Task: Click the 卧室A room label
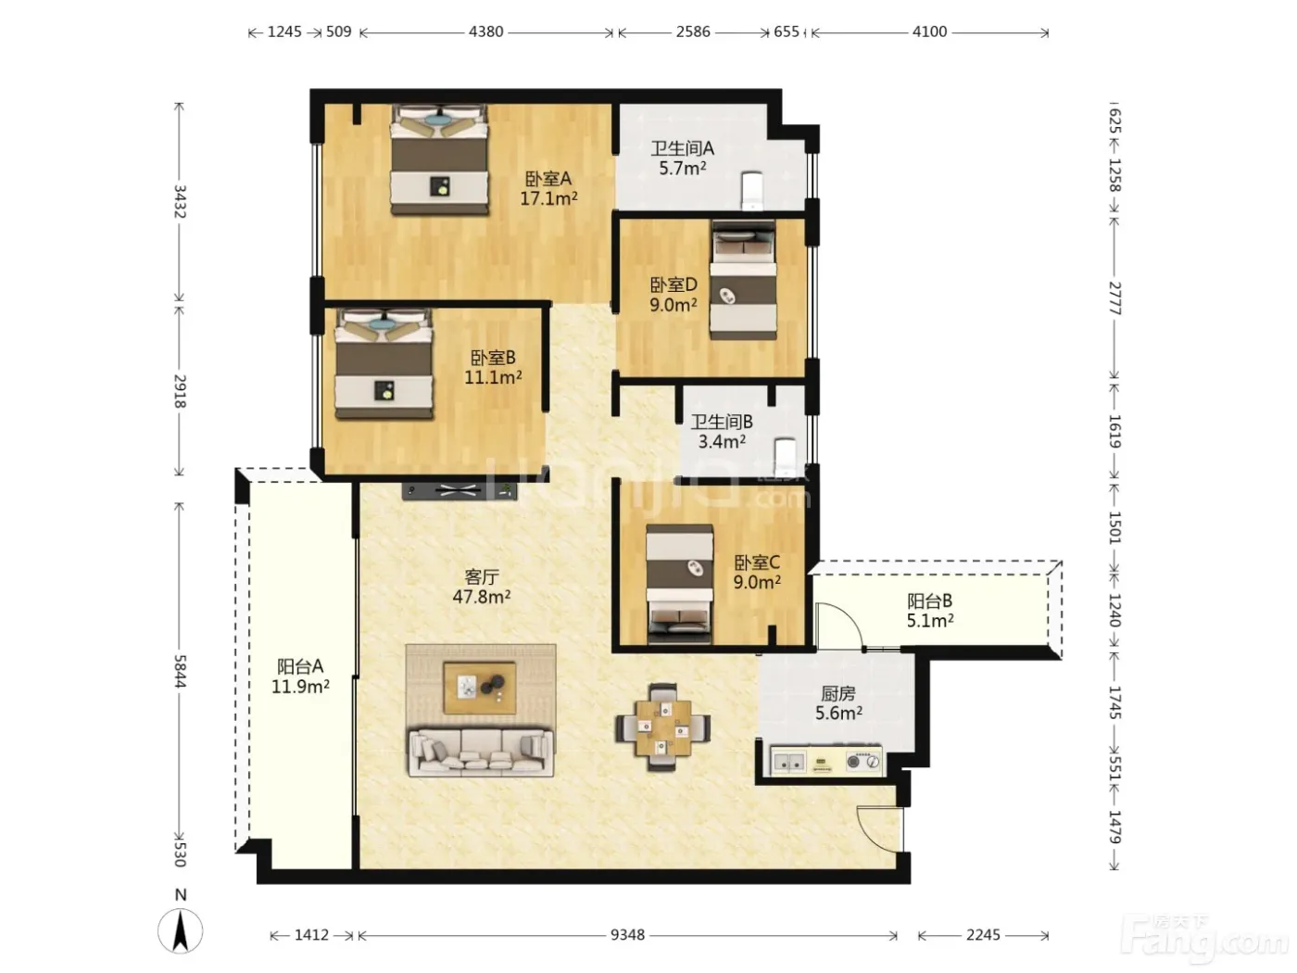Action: [548, 179]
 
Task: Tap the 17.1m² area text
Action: [548, 198]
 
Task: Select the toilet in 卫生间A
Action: [751, 191]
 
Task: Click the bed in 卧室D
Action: [743, 280]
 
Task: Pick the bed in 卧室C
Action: [679, 584]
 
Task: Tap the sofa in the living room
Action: [480, 752]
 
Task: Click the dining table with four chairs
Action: [662, 727]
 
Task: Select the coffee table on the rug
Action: [480, 688]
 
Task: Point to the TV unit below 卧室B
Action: [460, 490]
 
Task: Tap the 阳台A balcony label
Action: [300, 666]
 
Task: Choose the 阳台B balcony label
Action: [929, 600]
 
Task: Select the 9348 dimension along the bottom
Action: [627, 935]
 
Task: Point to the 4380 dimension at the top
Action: [485, 32]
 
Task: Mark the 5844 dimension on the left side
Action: [181, 671]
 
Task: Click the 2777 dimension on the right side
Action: [1114, 298]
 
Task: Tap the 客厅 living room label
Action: [482, 576]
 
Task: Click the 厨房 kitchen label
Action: [837, 693]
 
